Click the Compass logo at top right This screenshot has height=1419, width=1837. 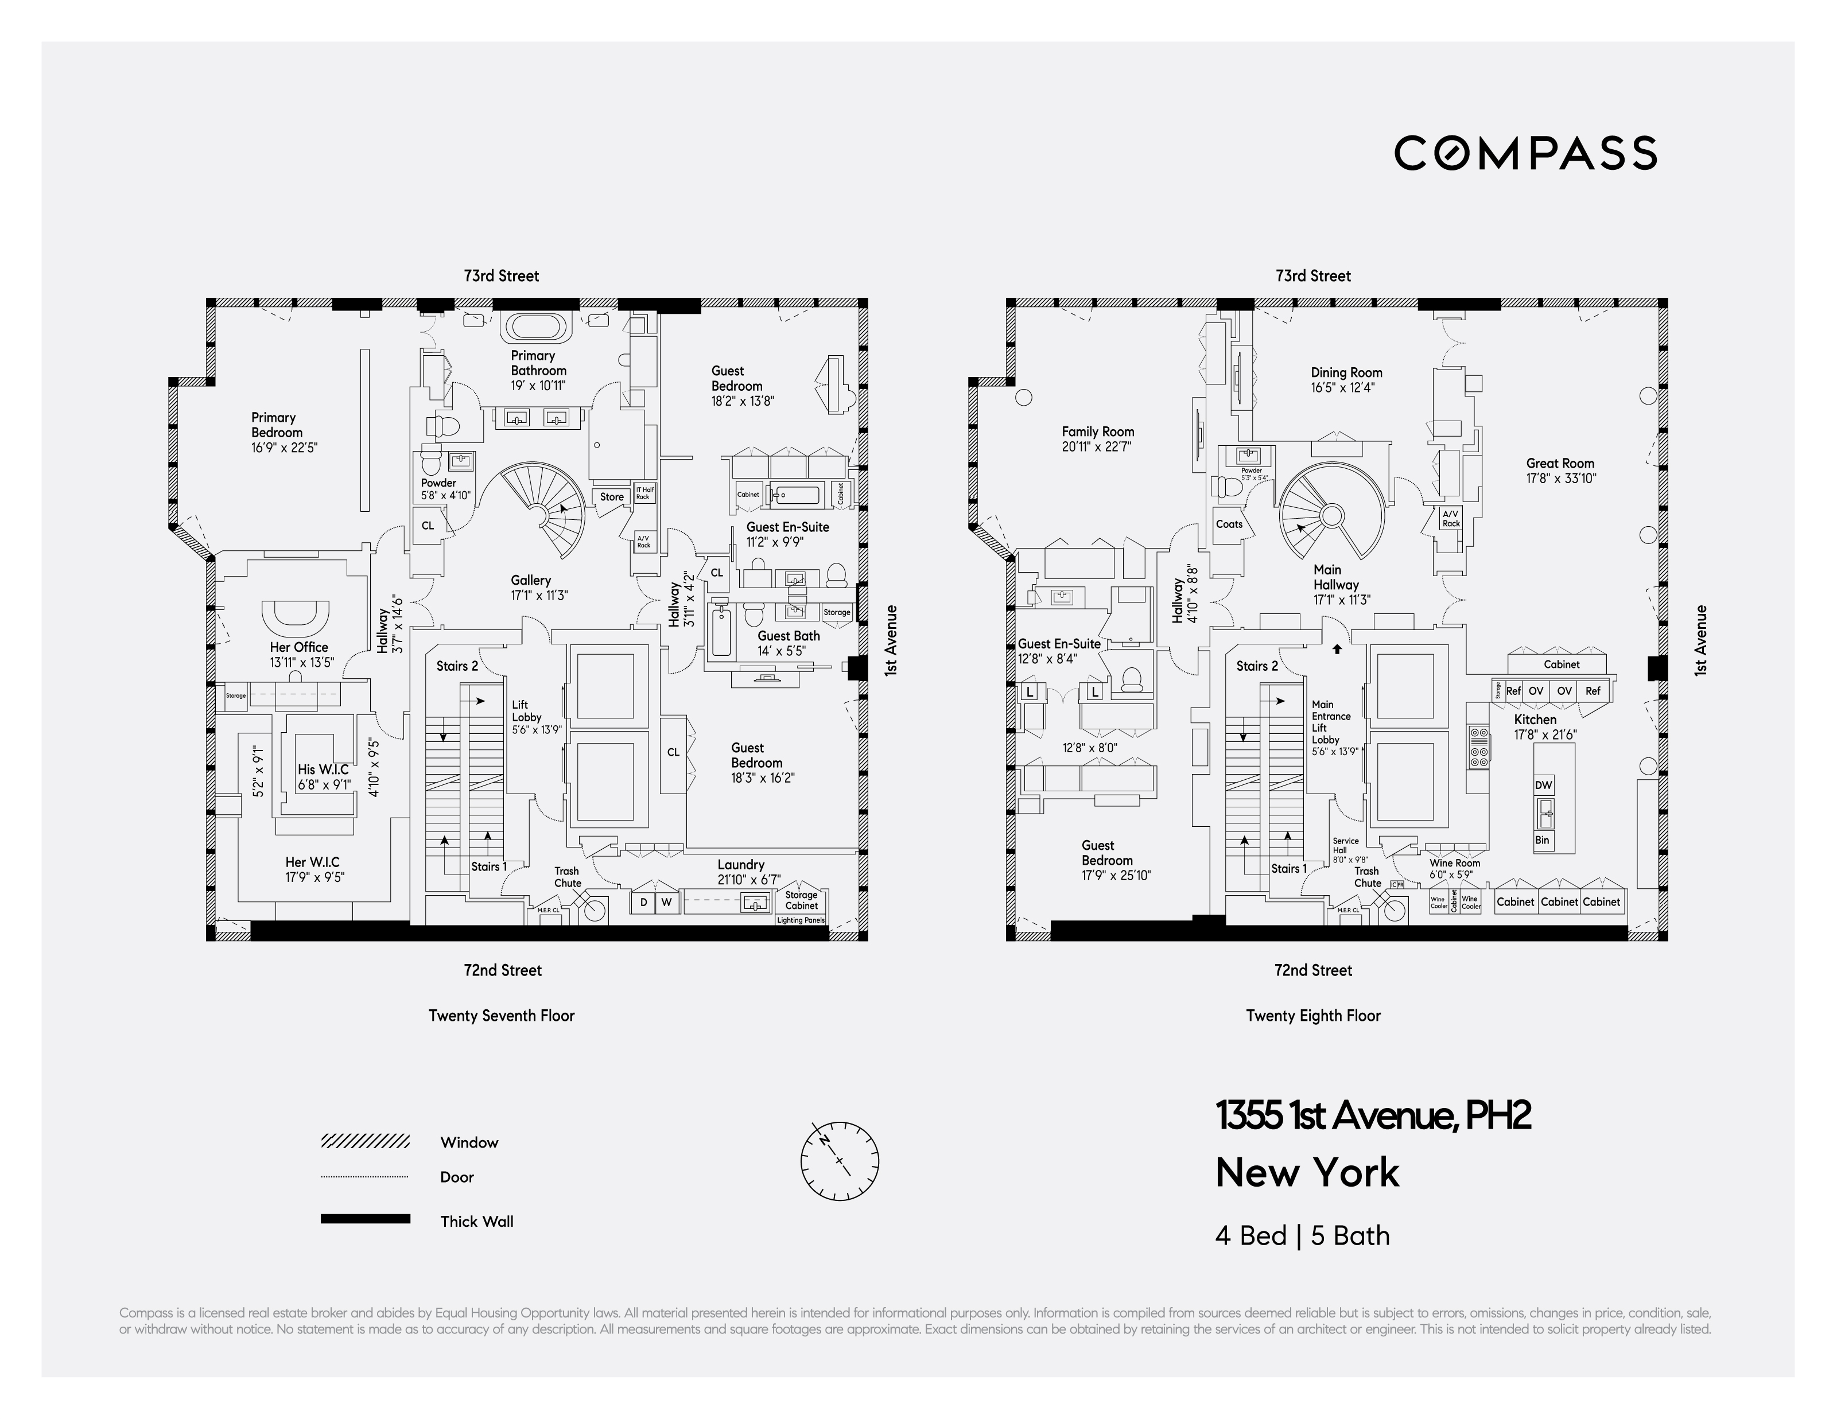click(x=1525, y=153)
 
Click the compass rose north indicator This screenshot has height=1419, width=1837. click(x=840, y=1161)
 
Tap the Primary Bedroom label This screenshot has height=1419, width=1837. click(x=274, y=425)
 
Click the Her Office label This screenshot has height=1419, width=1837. click(x=298, y=647)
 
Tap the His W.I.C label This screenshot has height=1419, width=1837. click(x=323, y=769)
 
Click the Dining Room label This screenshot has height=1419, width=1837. click(x=1346, y=372)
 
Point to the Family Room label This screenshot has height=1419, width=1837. click(x=1098, y=431)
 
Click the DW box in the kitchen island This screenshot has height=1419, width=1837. click(x=1543, y=785)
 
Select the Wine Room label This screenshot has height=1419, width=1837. click(x=1454, y=863)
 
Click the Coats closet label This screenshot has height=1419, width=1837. click(x=1229, y=524)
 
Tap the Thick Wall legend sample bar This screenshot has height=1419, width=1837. click(x=365, y=1219)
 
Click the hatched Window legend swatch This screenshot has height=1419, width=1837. click(x=365, y=1141)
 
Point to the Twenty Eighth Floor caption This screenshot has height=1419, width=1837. click(x=1313, y=1015)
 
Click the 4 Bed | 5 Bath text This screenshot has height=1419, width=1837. click(x=1302, y=1235)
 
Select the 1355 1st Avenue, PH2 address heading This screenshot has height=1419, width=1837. click(x=1373, y=1116)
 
